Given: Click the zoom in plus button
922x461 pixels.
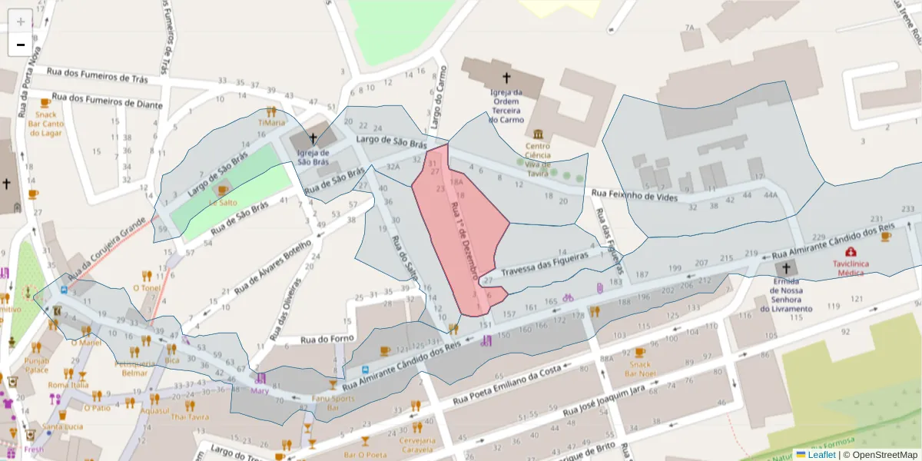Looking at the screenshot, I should (21, 21).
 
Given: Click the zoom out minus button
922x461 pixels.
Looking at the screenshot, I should (21, 45).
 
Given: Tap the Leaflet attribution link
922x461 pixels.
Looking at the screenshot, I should (821, 455).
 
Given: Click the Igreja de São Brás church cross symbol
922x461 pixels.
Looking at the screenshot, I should (313, 139).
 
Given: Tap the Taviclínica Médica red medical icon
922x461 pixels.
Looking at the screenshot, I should (851, 252).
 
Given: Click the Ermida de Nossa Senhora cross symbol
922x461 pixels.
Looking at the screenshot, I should (784, 268).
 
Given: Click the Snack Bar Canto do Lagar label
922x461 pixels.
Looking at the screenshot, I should (46, 123).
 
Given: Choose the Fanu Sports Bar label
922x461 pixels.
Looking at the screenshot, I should (333, 403).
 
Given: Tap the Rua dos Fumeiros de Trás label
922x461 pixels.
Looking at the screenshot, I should (98, 74).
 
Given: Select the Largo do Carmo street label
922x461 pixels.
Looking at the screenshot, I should (437, 97).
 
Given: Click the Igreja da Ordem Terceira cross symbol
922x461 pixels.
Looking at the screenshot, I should (506, 78).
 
